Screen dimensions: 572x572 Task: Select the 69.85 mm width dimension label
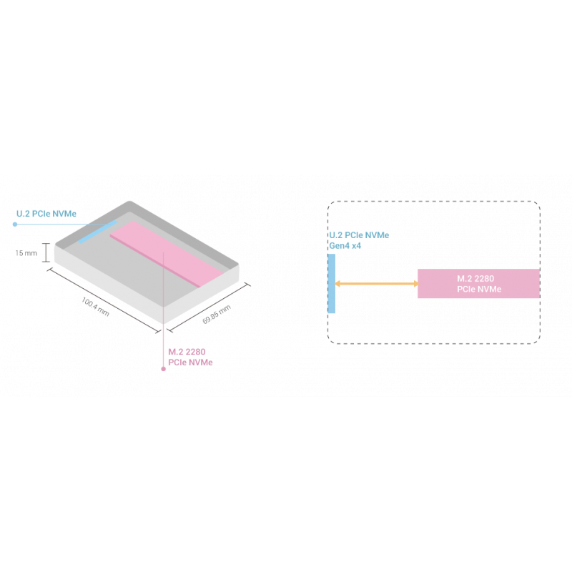coord(216,314)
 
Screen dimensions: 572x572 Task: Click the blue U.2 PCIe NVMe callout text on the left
coord(46,213)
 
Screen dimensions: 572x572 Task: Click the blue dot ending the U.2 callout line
coord(15,225)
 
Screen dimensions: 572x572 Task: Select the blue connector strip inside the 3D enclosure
coord(97,232)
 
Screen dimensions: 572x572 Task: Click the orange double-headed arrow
coord(376,285)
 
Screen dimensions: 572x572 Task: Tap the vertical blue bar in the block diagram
coord(331,284)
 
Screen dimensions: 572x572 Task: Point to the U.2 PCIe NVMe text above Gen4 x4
coord(358,235)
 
